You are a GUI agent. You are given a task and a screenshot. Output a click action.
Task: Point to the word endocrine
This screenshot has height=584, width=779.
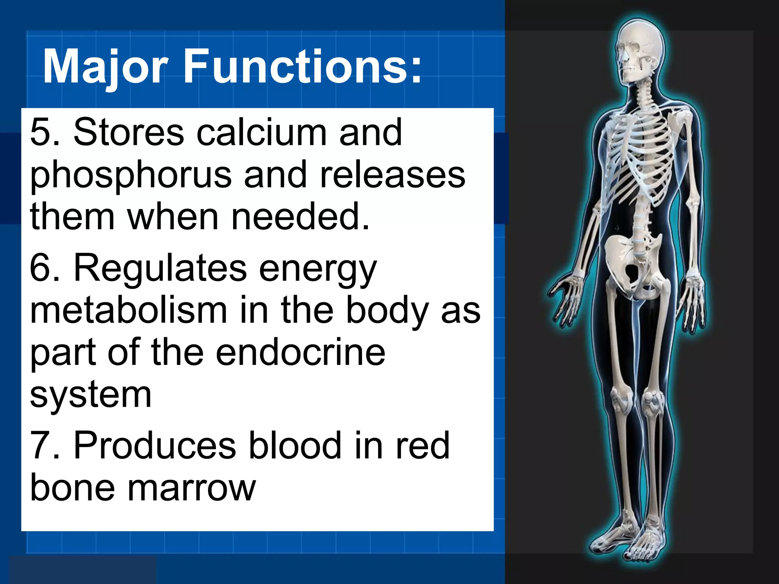coord(300,352)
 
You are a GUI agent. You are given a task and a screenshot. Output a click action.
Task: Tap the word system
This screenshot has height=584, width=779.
coord(91,395)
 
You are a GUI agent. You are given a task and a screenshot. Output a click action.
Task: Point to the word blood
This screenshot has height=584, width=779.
coord(295,445)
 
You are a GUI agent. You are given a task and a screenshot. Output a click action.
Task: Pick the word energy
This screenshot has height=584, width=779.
coord(318,270)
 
